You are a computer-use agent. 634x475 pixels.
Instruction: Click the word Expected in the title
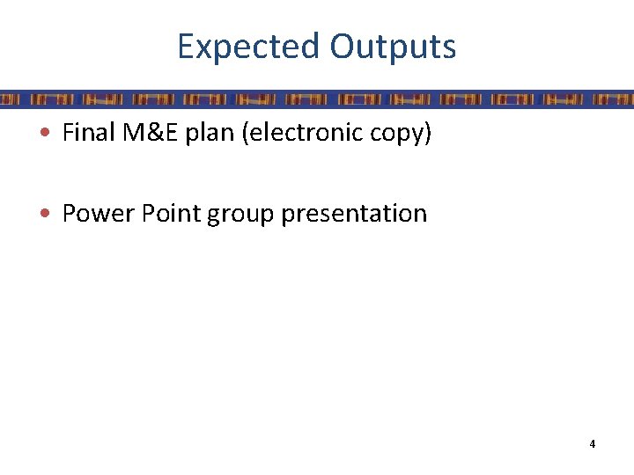(x=249, y=47)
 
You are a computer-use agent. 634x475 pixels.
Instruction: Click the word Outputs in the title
(x=393, y=47)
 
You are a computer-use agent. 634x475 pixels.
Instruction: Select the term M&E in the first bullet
(x=143, y=133)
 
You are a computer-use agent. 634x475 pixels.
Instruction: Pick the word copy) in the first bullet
(x=402, y=135)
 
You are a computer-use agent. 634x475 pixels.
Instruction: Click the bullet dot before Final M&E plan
(x=51, y=135)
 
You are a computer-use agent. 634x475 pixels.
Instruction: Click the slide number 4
(x=593, y=444)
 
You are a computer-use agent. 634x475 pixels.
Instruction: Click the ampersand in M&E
(x=144, y=133)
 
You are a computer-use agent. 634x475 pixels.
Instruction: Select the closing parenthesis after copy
(x=428, y=134)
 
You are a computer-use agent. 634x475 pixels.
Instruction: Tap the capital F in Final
(x=68, y=133)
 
